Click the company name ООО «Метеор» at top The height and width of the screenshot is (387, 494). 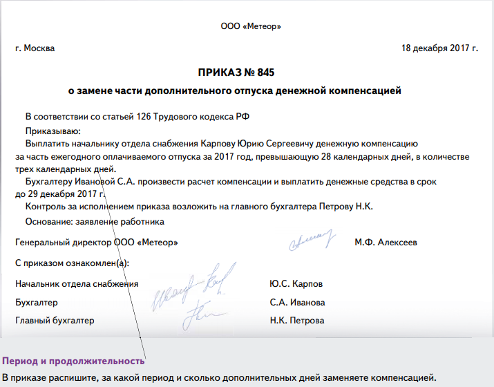251,26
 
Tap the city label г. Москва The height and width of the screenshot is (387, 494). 35,48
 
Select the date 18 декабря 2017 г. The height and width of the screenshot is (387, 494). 439,48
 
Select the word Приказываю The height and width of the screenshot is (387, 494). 53,131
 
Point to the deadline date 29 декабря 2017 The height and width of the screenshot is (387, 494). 59,193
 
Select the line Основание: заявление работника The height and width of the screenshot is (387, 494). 95,222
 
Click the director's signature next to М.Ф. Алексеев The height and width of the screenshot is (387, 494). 311,240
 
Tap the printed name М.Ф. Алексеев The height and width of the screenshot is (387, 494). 386,243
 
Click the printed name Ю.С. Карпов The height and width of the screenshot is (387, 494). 296,284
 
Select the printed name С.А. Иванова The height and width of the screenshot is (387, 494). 298,303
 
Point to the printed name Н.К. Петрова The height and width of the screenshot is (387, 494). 297,321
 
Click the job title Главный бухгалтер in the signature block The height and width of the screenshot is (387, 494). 55,321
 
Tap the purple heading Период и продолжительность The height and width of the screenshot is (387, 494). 73,361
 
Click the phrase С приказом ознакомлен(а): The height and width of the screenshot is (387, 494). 72,263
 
